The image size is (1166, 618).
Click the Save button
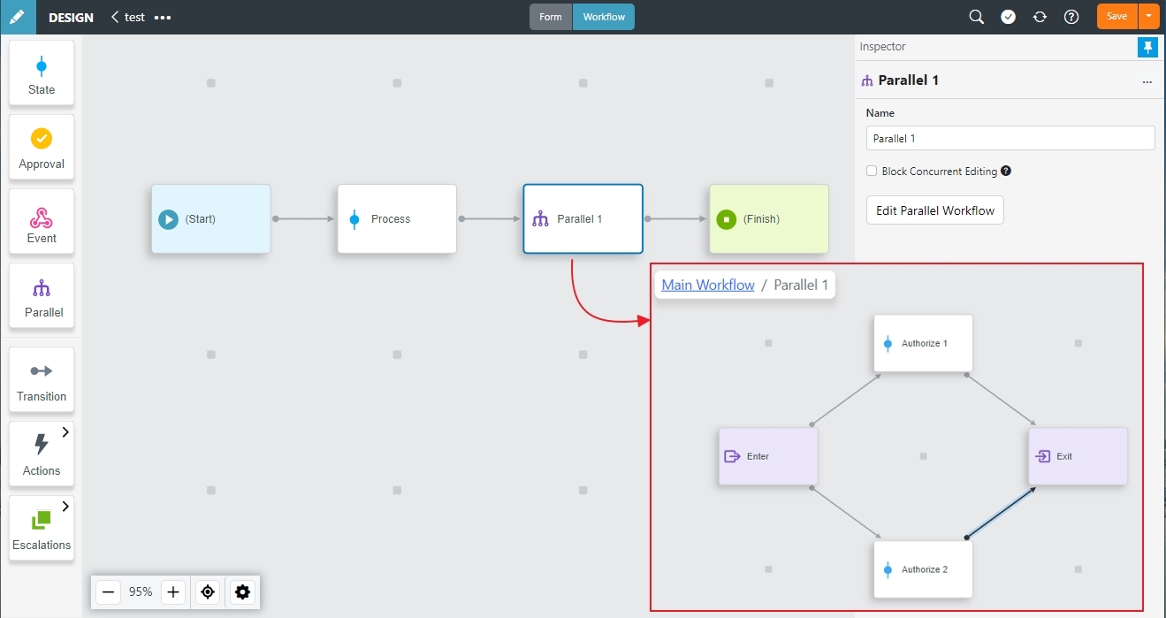coord(1116,17)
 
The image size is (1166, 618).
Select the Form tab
coord(550,17)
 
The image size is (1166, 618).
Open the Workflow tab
coord(603,17)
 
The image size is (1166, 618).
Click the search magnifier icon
coord(977,17)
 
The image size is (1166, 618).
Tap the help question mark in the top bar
coord(1071,17)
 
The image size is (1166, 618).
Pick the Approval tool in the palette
coord(42,148)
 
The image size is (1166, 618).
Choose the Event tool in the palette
coord(42,221)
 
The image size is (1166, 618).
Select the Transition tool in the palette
coord(42,379)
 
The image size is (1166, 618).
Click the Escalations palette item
coord(42,528)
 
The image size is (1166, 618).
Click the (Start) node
coord(210,218)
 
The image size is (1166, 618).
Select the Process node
coord(397,218)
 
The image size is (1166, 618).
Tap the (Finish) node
coord(769,218)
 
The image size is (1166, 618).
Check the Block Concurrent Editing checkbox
coord(872,171)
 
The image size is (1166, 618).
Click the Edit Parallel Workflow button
coord(935,210)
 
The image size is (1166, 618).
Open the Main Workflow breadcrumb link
coord(708,285)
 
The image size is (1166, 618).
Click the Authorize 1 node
coord(923,343)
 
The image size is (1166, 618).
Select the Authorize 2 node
coord(923,569)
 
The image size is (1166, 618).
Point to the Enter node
coord(768,456)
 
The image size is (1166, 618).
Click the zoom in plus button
coord(172,592)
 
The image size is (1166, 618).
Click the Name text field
coord(1010,139)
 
